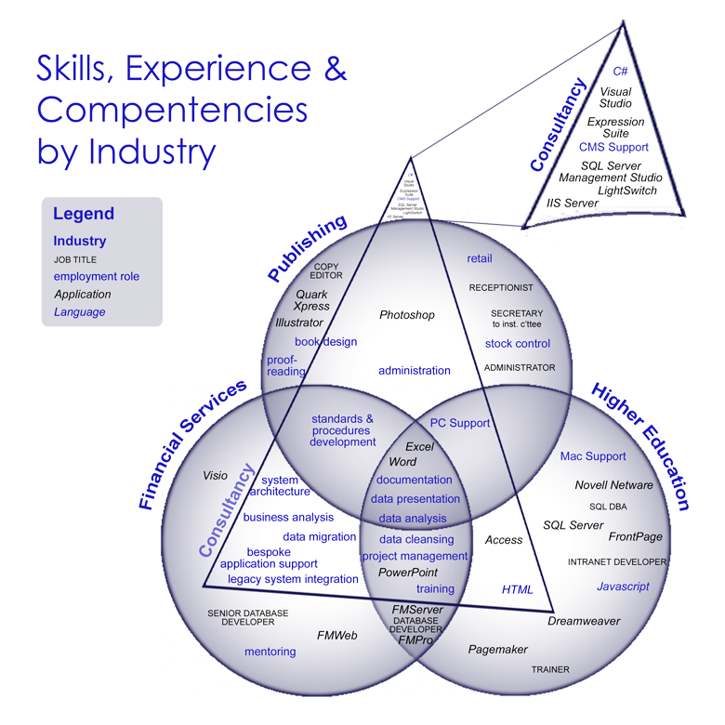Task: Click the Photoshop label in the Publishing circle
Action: (406, 315)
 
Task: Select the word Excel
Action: (419, 446)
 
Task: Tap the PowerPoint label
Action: (407, 573)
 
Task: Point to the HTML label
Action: (518, 589)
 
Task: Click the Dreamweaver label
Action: (583, 621)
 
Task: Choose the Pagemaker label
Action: (497, 650)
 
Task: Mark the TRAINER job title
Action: (550, 669)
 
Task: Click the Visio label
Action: (215, 475)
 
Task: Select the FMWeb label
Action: (336, 636)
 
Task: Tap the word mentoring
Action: (270, 652)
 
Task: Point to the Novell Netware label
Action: (613, 484)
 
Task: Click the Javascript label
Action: (623, 587)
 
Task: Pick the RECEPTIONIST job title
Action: (501, 288)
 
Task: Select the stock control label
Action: (517, 344)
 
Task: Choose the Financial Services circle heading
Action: (193, 444)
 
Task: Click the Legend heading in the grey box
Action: (84, 214)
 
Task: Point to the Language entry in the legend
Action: (79, 312)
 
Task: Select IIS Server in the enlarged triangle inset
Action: (572, 203)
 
